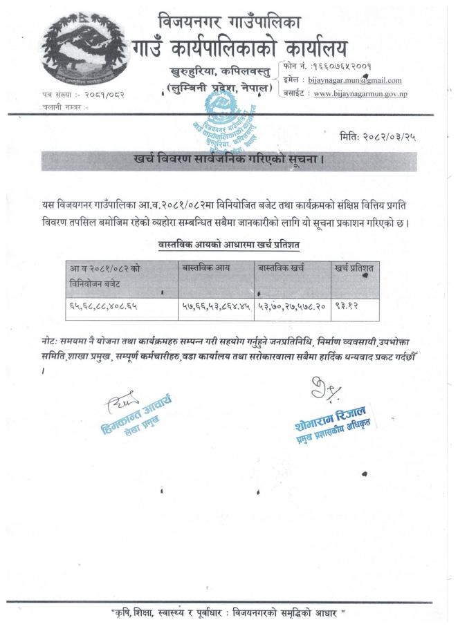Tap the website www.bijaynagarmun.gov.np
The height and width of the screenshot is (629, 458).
pos(359,93)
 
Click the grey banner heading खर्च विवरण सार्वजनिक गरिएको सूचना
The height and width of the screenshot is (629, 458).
pos(228,160)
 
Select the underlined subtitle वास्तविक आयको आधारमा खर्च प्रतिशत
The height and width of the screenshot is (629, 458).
pos(229,245)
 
